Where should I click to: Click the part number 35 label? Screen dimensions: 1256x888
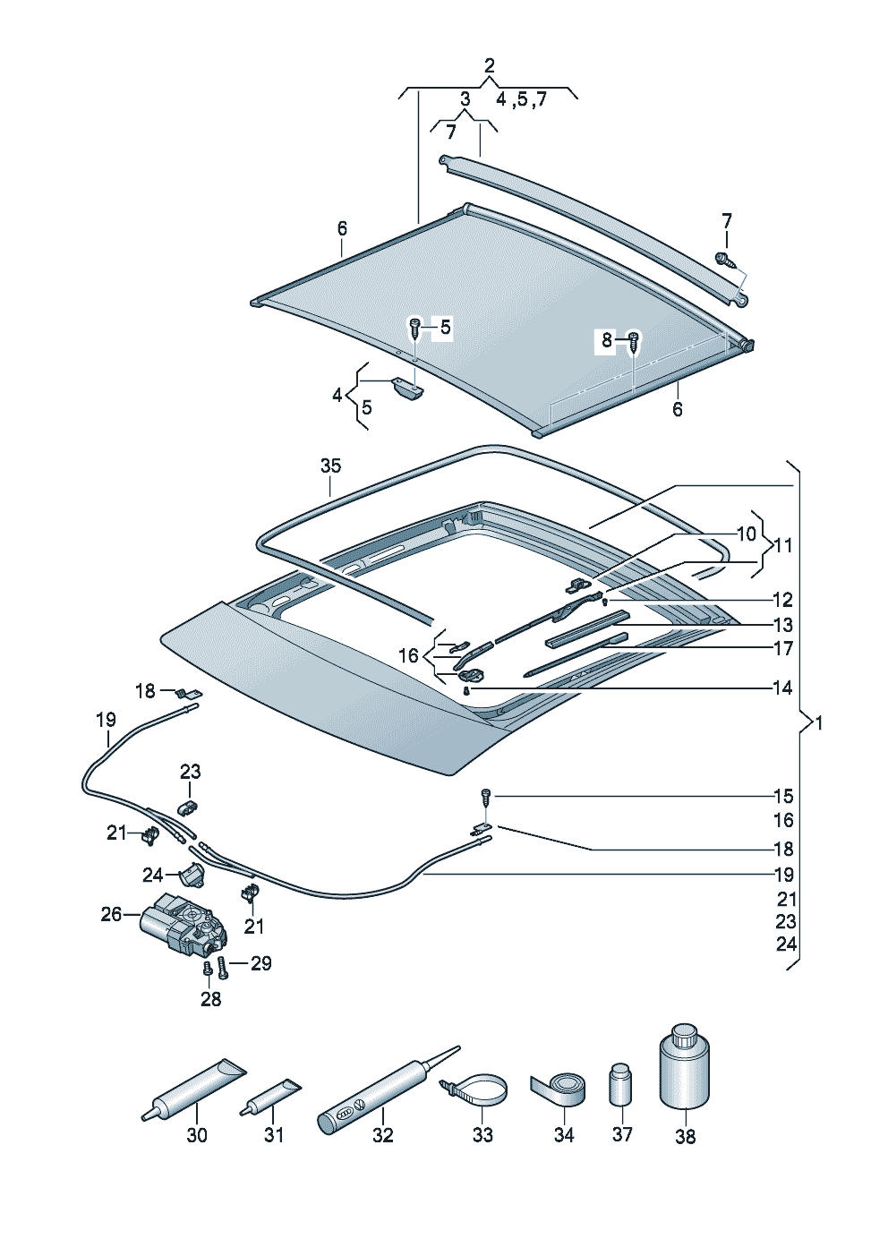click(330, 466)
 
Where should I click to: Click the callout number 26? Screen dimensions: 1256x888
click(111, 915)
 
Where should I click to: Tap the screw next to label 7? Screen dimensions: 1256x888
click(726, 261)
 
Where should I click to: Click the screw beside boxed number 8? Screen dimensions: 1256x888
click(634, 340)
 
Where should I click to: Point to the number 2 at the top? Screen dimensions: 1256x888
click(490, 65)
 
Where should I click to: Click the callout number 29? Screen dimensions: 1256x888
click(260, 963)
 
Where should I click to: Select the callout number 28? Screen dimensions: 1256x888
click(210, 999)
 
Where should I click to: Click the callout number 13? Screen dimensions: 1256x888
click(782, 625)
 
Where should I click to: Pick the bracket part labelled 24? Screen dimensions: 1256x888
click(192, 874)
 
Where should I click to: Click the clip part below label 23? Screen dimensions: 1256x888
click(188, 807)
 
